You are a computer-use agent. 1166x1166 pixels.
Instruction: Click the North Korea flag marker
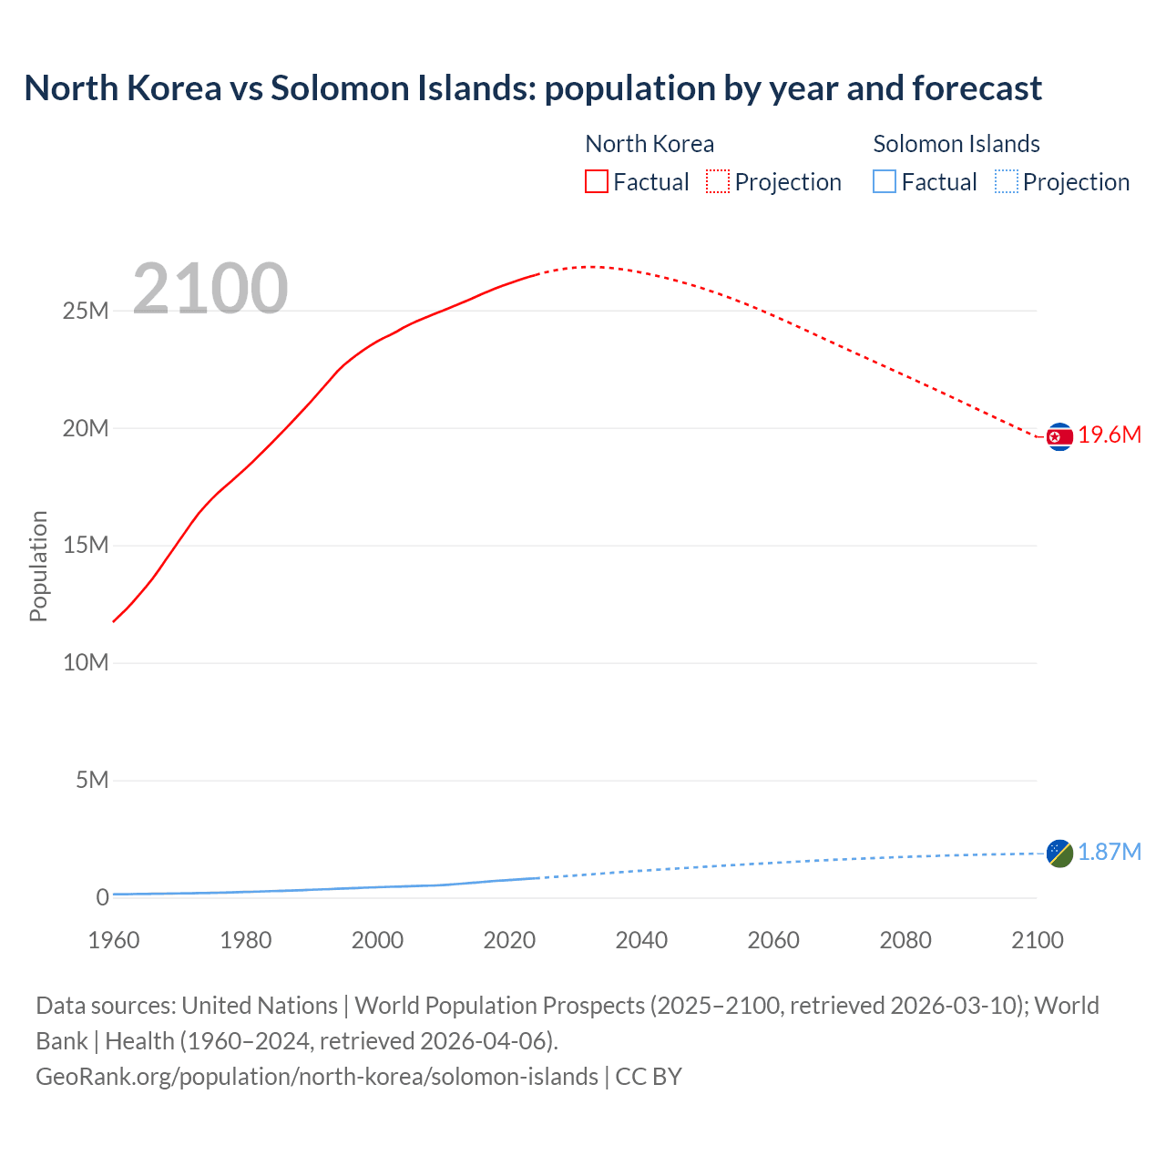click(x=1059, y=437)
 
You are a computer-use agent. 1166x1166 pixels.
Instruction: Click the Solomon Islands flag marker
click(x=1059, y=854)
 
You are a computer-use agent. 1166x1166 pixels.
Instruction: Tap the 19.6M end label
click(x=1110, y=435)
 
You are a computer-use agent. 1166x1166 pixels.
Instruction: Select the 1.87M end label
click(x=1110, y=852)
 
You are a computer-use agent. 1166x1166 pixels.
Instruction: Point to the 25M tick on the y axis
click(x=86, y=312)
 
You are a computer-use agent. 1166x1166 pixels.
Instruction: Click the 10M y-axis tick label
click(x=86, y=663)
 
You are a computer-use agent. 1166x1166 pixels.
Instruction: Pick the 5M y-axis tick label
click(x=92, y=781)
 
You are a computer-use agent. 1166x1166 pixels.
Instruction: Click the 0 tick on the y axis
click(x=102, y=897)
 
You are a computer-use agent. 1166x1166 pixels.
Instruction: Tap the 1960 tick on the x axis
click(x=114, y=940)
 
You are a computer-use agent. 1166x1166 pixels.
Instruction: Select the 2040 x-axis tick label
click(x=641, y=940)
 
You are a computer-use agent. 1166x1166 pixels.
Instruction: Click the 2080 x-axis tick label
click(x=905, y=940)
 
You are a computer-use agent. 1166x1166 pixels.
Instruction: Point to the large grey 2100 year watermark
click(x=210, y=290)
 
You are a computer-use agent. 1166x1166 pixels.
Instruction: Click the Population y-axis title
click(x=38, y=566)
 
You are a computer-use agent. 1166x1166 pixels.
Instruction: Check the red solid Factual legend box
click(x=597, y=182)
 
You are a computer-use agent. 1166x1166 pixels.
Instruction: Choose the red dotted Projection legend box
click(x=718, y=182)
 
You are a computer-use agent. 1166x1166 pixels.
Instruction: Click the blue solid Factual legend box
click(x=885, y=182)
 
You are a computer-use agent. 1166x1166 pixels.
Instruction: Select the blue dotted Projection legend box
click(x=1006, y=182)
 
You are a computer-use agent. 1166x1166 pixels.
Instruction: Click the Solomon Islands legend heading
click(x=956, y=144)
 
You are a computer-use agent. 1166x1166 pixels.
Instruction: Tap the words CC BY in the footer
click(x=649, y=1077)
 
